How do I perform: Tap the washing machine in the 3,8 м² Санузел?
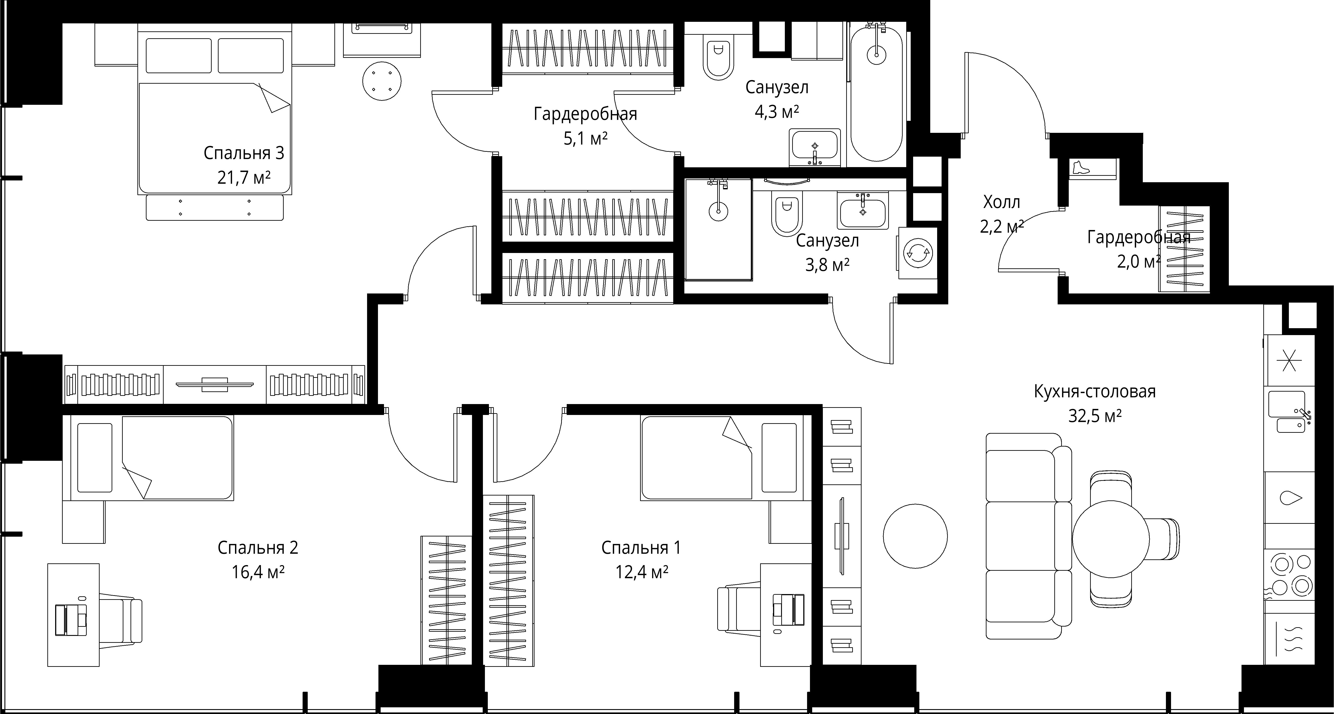coord(918,253)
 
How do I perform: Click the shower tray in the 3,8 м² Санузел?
coord(718,230)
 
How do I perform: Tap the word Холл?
coord(1002,202)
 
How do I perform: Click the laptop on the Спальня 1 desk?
coord(788,610)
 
